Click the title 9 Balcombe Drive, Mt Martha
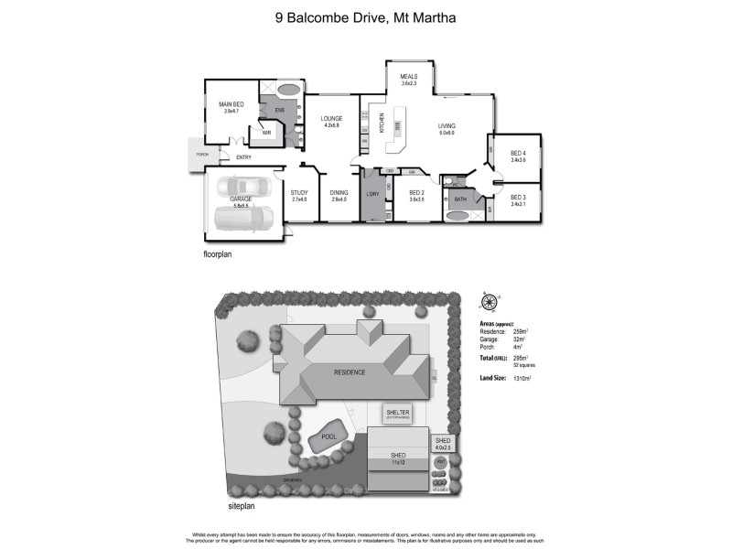[x=366, y=16]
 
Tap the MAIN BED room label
[x=231, y=105]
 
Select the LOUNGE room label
[x=331, y=120]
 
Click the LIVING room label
[x=447, y=127]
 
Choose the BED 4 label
[x=518, y=153]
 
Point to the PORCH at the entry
[x=201, y=154]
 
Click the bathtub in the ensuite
[x=287, y=91]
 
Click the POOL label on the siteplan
[x=328, y=437]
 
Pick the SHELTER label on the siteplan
[x=398, y=414]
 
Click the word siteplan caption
[x=241, y=505]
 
